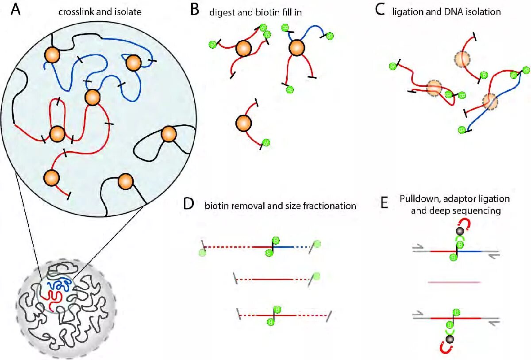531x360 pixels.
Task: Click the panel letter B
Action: pyautogui.click(x=195, y=10)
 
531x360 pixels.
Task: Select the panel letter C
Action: pyautogui.click(x=380, y=10)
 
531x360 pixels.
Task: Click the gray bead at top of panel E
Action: pyautogui.click(x=460, y=231)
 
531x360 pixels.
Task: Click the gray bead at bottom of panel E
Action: pyautogui.click(x=450, y=339)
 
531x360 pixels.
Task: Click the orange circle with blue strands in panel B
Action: pyautogui.click(x=296, y=47)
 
